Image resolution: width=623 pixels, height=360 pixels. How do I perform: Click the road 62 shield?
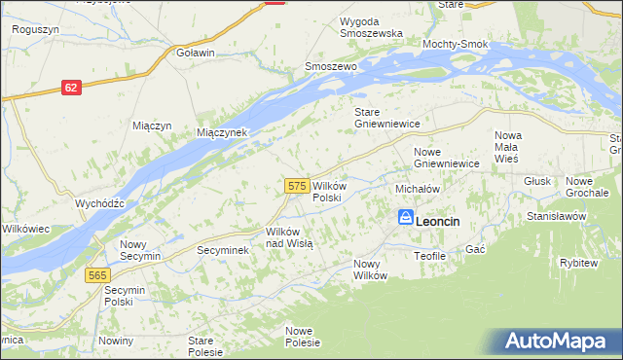[69, 88]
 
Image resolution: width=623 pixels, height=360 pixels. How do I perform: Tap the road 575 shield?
[298, 185]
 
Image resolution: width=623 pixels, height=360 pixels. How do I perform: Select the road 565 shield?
[96, 275]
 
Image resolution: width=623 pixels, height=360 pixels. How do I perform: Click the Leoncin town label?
[437, 222]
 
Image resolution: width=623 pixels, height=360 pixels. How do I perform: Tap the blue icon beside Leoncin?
[405, 218]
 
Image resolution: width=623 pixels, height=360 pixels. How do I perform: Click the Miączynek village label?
[223, 132]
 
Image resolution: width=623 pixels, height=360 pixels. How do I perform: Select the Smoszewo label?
[331, 66]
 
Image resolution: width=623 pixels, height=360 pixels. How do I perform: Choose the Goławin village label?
[195, 53]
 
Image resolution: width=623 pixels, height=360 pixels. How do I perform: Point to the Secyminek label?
[223, 250]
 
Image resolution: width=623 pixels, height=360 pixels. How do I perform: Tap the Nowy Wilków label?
[370, 270]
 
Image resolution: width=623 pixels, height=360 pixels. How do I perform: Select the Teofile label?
[429, 255]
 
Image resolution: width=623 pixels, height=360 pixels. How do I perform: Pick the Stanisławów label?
[555, 216]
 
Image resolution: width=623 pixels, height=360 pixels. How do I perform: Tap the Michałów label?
[419, 189]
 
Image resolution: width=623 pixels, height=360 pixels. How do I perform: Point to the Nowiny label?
[115, 340]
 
